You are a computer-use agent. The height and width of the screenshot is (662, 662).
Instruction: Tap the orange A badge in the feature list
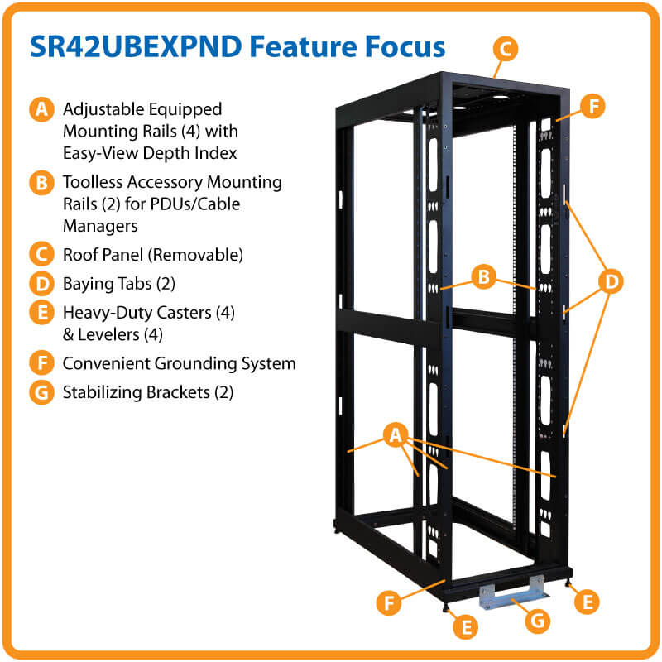point(41,110)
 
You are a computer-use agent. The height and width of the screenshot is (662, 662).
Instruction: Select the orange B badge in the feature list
point(41,183)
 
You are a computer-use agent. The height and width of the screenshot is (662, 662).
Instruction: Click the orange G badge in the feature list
point(41,391)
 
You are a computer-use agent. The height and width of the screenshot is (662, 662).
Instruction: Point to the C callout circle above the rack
point(505,48)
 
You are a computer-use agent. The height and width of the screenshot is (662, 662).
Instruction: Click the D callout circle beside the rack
point(611,282)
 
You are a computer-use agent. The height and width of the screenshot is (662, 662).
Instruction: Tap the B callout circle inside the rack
point(484,276)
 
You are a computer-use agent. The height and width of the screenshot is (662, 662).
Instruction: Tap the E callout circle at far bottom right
point(587,602)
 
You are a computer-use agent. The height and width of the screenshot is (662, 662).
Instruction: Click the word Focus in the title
point(400,47)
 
